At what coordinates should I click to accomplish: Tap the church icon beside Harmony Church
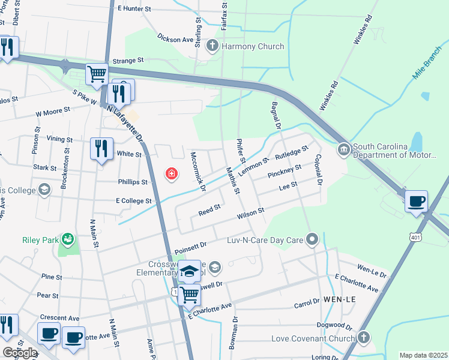point(212,46)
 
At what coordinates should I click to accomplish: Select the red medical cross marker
point(172,175)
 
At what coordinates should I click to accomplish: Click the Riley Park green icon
point(69,240)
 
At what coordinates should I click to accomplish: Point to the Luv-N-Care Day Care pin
point(312,240)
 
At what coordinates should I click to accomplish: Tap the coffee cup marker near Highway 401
point(416,202)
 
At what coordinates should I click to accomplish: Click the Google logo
point(20,352)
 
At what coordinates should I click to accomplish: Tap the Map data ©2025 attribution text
point(423,355)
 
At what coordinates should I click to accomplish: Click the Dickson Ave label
point(175,40)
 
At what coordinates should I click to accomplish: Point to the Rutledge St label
point(291,152)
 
